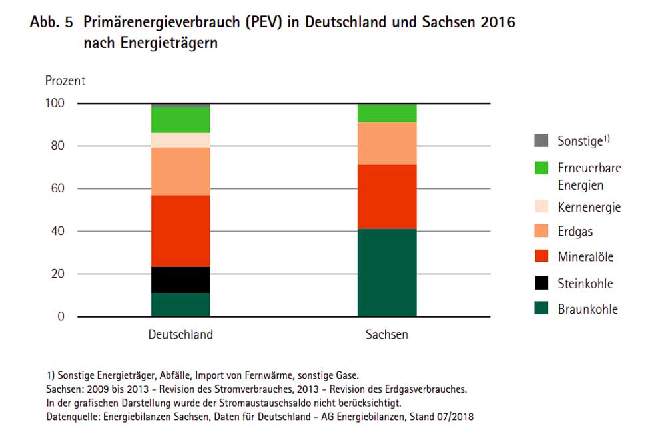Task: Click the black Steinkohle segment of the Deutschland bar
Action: point(180,280)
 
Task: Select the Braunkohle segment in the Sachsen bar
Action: point(387,272)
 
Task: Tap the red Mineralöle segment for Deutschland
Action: point(180,230)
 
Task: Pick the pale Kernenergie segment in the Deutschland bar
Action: point(180,140)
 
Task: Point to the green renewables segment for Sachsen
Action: point(387,113)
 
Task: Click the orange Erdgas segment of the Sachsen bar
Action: point(387,143)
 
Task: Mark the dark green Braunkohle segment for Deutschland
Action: point(180,304)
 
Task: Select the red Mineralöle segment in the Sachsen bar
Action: point(387,196)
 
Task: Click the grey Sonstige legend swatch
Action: point(541,141)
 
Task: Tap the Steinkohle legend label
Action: point(585,284)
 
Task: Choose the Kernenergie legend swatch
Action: point(541,207)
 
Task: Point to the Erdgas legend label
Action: point(575,232)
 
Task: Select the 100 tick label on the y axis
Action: point(55,103)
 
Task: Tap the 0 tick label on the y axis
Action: point(61,316)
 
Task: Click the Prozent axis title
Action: point(65,81)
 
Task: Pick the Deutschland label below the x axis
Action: point(180,335)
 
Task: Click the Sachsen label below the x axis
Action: point(387,335)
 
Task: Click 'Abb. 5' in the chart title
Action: point(51,22)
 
